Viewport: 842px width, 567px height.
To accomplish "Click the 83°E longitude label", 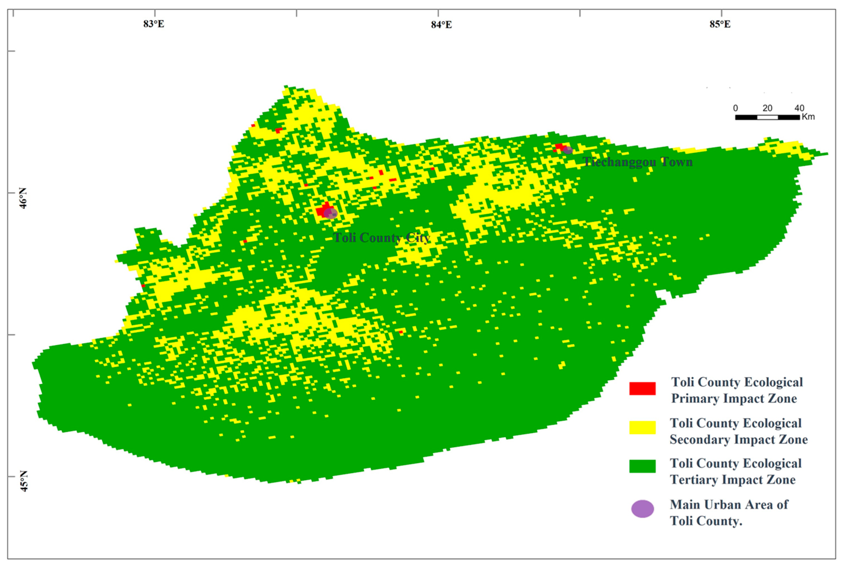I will pyautogui.click(x=154, y=24).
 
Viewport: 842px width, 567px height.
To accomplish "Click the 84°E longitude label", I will pyautogui.click(x=441, y=24).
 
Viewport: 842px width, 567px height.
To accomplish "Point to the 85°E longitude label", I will pyautogui.click(x=720, y=24).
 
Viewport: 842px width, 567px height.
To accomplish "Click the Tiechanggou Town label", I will pyautogui.click(x=637, y=162).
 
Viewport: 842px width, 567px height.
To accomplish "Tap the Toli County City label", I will pyautogui.click(x=382, y=238).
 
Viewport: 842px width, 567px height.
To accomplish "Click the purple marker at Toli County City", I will pyautogui.click(x=331, y=213).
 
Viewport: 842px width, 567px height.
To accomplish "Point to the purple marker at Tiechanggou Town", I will pyautogui.click(x=568, y=150).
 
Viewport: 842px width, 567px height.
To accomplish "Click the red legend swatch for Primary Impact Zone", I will pyautogui.click(x=642, y=389).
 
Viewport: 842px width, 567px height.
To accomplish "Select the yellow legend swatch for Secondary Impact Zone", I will pyautogui.click(x=642, y=427).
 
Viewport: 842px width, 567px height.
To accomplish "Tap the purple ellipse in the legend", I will pyautogui.click(x=642, y=509).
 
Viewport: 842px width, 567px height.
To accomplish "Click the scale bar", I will pyautogui.click(x=767, y=117).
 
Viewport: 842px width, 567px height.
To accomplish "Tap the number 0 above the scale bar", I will pyautogui.click(x=735, y=108).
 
